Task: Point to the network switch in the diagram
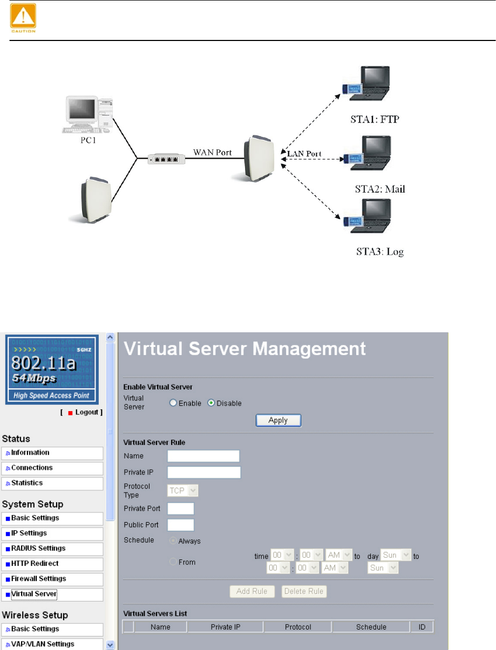(x=167, y=159)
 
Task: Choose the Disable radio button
(x=212, y=403)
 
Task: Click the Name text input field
(x=203, y=456)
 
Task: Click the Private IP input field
(x=203, y=473)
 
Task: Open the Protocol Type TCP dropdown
(x=183, y=490)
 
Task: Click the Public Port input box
(x=181, y=525)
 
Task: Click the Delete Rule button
(x=304, y=591)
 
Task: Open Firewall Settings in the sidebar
(x=52, y=579)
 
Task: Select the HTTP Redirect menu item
(x=52, y=564)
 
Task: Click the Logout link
(x=86, y=412)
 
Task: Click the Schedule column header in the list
(x=371, y=627)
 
